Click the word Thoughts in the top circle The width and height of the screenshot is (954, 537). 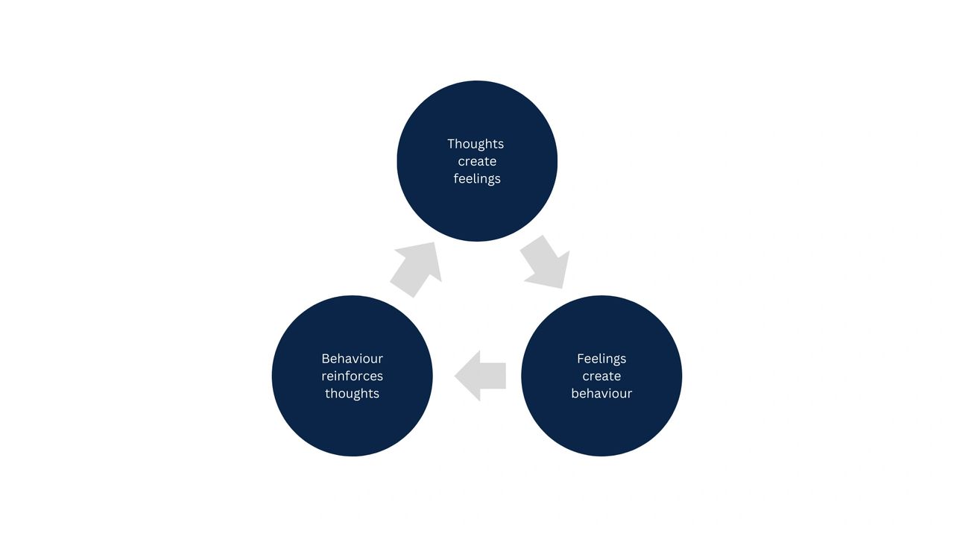click(476, 144)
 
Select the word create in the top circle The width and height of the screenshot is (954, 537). click(477, 161)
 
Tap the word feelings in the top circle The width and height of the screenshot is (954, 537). click(477, 179)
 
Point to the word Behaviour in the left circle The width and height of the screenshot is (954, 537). click(352, 359)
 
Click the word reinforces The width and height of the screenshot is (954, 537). click(352, 376)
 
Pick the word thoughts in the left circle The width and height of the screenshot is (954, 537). click(352, 394)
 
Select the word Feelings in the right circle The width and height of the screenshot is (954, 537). click(601, 359)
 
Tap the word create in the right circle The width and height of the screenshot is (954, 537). click(601, 376)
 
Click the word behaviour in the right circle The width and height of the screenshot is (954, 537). click(601, 394)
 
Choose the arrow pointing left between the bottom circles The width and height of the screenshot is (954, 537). click(482, 376)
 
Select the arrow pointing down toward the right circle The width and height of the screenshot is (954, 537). click(546, 263)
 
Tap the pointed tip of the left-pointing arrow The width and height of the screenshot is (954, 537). click(456, 376)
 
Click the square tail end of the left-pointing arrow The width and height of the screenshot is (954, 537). click(505, 376)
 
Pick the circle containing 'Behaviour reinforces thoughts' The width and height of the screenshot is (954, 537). click(352, 425)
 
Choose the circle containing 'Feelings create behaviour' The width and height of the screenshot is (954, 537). click(601, 425)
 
